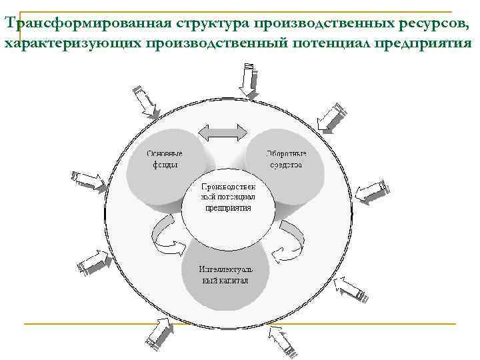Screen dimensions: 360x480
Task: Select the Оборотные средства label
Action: coord(287,159)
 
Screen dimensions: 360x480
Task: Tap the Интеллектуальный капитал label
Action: coord(225,275)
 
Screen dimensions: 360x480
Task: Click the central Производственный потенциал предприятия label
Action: coord(228,197)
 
